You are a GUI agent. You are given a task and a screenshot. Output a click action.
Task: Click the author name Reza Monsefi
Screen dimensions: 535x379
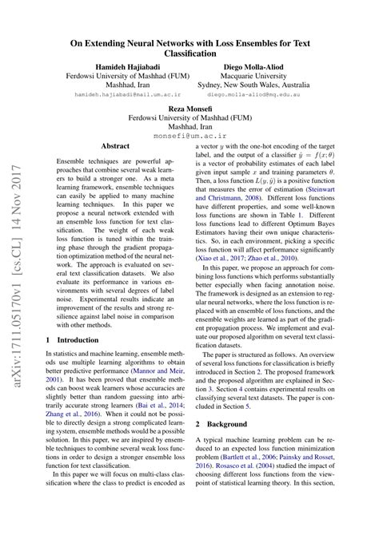(189, 109)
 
